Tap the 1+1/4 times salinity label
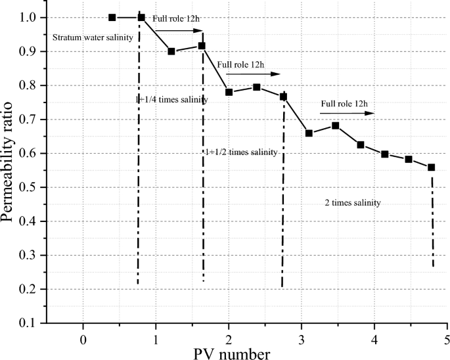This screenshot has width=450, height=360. tap(171, 100)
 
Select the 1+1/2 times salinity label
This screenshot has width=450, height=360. tap(241, 152)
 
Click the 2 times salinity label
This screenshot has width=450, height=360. tap(353, 203)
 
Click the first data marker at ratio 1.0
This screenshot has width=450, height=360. tap(112, 17)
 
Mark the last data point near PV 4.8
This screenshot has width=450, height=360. tap(432, 168)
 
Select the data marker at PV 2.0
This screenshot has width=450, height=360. tap(229, 92)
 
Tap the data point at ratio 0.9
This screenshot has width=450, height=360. tap(171, 51)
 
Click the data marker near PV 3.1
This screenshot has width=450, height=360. tap(309, 133)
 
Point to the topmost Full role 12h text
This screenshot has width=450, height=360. tap(176, 18)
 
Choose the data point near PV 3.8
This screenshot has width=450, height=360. tap(361, 145)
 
